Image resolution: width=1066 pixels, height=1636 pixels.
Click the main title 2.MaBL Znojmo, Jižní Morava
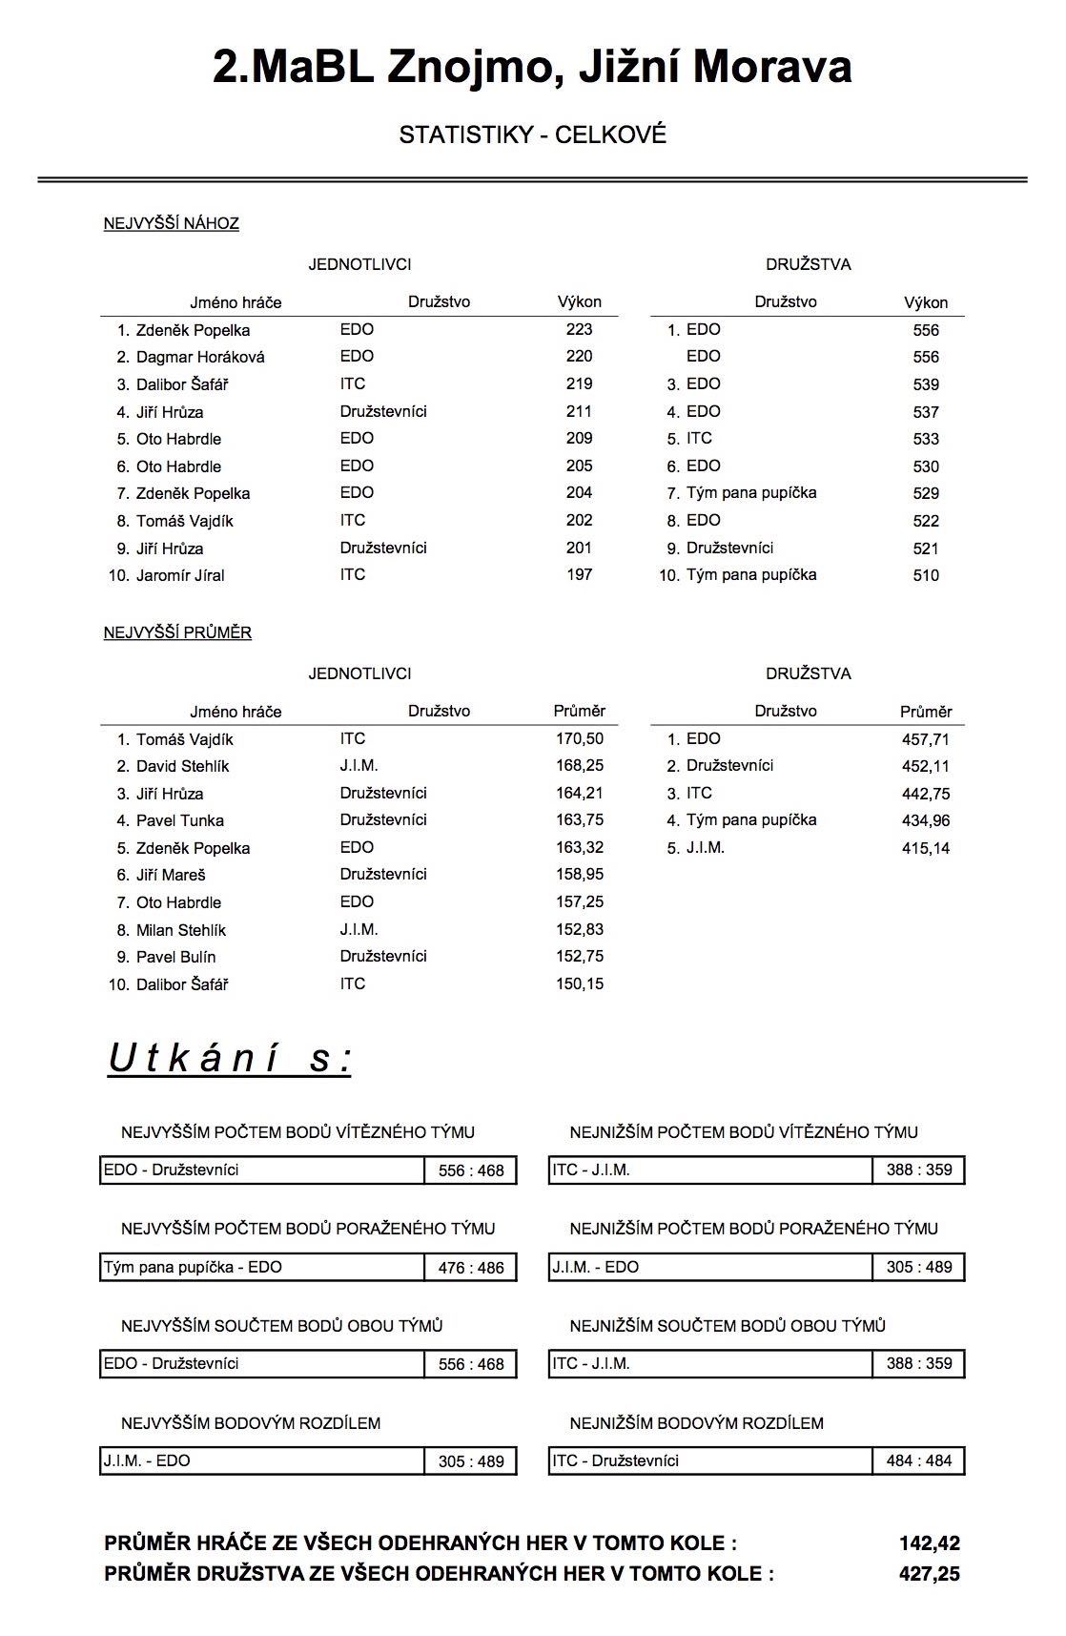coord(532,67)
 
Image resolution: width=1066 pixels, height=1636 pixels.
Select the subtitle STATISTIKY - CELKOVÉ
coord(532,135)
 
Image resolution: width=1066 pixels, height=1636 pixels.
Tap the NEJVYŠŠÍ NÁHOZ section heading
coord(172,223)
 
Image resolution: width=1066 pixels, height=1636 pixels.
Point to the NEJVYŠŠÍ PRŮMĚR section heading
coord(177,632)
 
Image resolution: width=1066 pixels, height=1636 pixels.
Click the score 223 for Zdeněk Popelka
coord(579,329)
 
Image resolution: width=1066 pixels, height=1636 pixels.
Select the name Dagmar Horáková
coord(200,357)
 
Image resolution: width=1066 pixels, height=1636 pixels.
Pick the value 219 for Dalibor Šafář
coord(579,383)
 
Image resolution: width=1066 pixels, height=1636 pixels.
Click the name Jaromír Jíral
coord(180,575)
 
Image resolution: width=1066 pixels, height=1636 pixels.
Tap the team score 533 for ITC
coord(926,439)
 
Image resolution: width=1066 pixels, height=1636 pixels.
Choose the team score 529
coord(926,493)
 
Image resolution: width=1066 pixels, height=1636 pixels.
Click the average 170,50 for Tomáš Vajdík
coord(580,738)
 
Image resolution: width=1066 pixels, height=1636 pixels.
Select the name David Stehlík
coord(182,766)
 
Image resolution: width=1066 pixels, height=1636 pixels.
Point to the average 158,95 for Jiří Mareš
coord(580,874)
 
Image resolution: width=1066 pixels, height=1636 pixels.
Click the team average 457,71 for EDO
coord(926,739)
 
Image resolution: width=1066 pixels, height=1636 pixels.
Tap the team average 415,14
coord(926,848)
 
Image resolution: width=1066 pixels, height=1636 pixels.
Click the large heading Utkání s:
coord(230,1058)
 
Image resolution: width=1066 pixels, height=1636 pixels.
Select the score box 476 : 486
coord(471,1268)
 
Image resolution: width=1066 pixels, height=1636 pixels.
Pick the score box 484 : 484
coord(919,1460)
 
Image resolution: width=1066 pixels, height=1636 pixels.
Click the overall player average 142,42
coord(929,1543)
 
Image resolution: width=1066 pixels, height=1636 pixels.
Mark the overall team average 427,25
coord(929,1574)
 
